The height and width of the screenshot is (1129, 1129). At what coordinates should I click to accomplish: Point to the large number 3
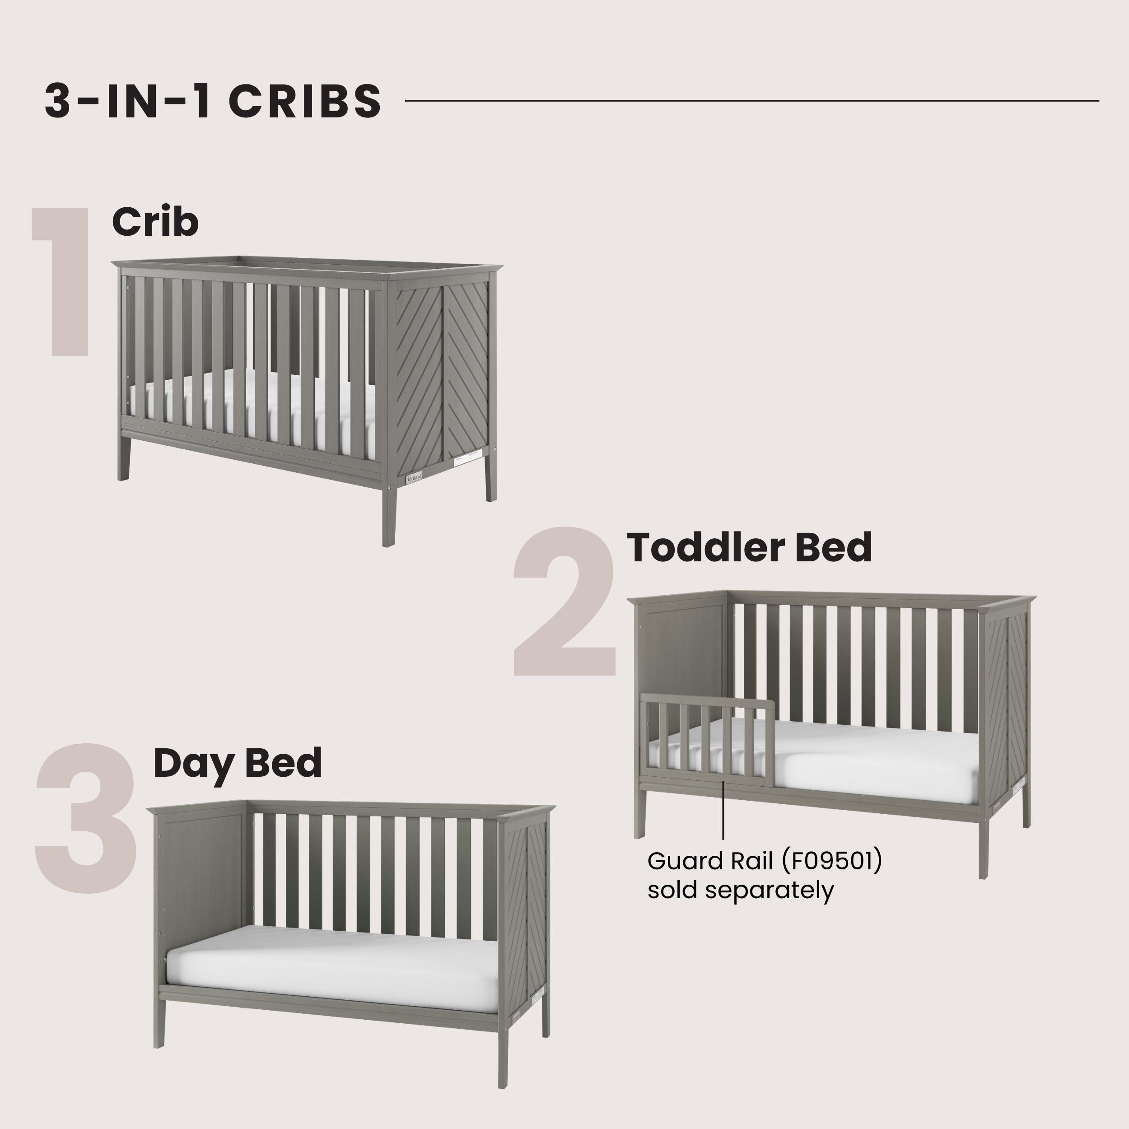[87, 818]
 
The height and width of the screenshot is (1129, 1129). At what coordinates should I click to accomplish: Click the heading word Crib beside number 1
[155, 222]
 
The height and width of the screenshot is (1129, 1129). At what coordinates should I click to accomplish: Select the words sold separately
[740, 890]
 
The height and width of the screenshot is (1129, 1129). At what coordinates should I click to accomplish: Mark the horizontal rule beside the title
[751, 101]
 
